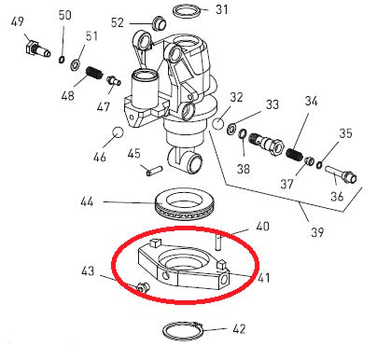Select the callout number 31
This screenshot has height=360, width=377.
(x=220, y=10)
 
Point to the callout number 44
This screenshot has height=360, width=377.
(x=86, y=201)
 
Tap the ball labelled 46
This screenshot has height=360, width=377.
(x=119, y=132)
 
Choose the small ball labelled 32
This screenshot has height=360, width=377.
(x=216, y=121)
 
